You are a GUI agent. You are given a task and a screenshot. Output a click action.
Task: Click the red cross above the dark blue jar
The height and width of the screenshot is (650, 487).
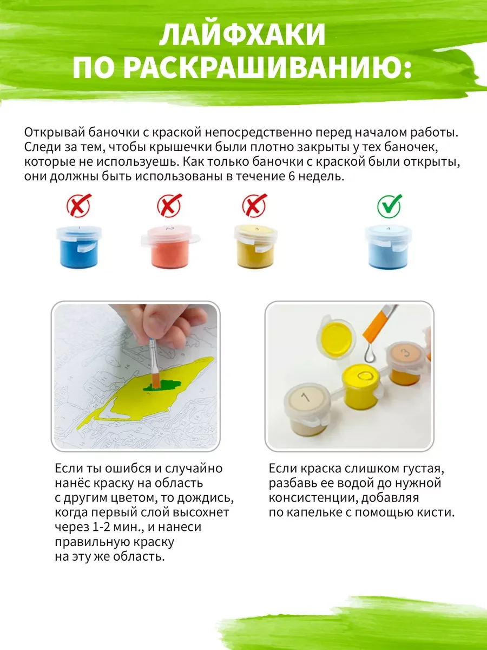tap(79, 205)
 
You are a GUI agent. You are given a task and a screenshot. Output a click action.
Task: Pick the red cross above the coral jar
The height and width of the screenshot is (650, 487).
tap(169, 205)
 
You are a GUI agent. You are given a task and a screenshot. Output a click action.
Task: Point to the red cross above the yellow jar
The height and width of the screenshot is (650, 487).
tap(254, 205)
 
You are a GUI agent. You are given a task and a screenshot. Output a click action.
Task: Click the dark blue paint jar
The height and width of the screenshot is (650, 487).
tap(78, 247)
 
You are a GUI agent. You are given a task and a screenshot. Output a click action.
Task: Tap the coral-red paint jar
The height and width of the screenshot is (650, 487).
tap(170, 246)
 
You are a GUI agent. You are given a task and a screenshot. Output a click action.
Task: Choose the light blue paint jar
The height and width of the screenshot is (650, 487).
tap(388, 247)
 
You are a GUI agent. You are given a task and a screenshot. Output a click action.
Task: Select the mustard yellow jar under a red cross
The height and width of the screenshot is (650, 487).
tap(255, 246)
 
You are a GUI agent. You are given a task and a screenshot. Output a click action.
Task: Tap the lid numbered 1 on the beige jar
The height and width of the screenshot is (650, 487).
tap(306, 399)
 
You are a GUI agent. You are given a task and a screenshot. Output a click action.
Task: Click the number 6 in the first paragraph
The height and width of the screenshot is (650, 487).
tap(291, 177)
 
